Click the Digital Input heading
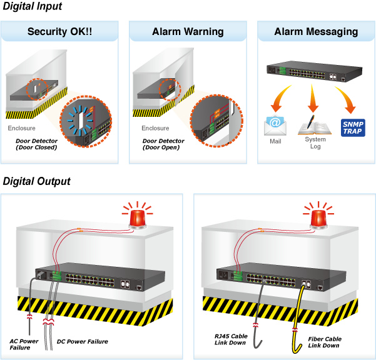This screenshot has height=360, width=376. (x=33, y=6)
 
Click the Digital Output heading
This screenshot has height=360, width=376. (x=37, y=181)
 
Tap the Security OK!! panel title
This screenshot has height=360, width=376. (x=59, y=31)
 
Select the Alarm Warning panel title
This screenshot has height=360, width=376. (x=188, y=32)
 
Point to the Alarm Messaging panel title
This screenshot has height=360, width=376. (x=317, y=32)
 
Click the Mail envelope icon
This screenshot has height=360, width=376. (x=275, y=125)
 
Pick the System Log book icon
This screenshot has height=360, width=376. (x=315, y=126)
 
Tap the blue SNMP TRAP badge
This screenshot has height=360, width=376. (x=353, y=127)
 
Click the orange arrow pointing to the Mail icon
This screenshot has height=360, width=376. (x=280, y=97)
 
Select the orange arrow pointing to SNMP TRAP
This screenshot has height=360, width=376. (x=347, y=97)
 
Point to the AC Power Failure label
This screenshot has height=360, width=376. (x=24, y=344)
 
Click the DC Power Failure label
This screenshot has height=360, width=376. (x=82, y=341)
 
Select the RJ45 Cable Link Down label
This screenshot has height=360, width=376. (x=231, y=339)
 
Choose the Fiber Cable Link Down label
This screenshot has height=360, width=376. (x=325, y=342)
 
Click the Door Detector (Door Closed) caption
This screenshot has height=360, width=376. (x=36, y=144)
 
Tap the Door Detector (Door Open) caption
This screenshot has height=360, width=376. (x=163, y=144)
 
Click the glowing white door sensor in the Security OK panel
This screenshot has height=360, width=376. (x=81, y=121)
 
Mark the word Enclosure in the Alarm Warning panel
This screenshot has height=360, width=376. (x=155, y=128)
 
